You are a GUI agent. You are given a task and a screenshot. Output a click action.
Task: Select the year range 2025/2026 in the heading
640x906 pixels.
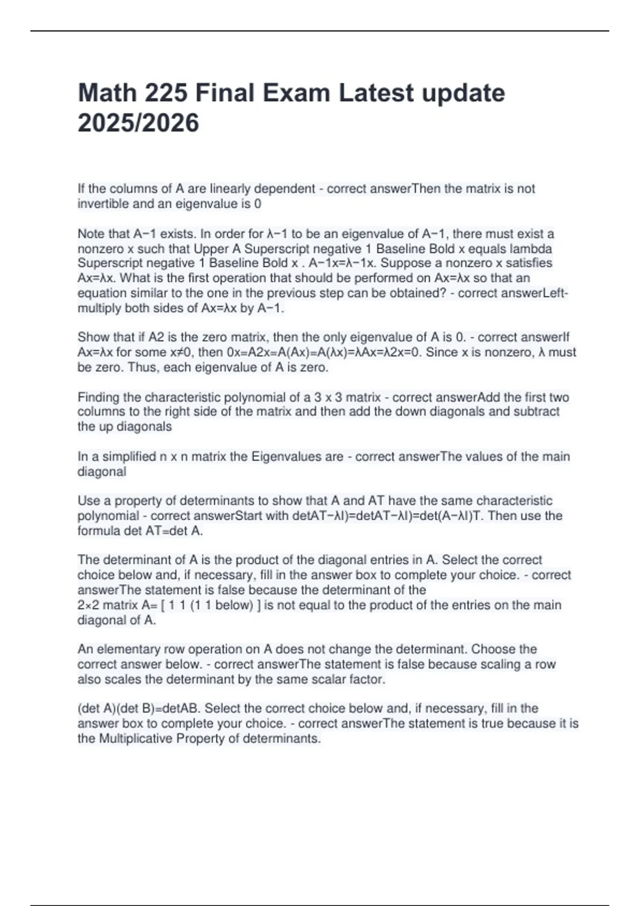click(138, 123)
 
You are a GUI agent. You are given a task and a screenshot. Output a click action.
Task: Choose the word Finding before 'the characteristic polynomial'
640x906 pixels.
click(99, 397)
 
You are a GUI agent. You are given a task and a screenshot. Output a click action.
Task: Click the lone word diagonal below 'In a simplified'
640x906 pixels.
click(102, 472)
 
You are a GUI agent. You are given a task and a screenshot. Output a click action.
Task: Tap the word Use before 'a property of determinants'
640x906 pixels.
click(88, 501)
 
